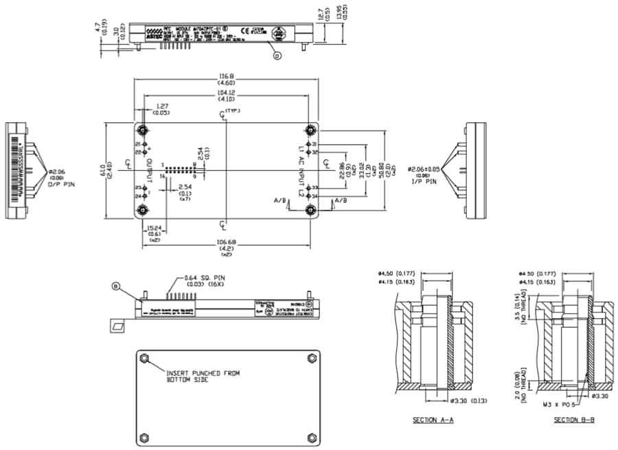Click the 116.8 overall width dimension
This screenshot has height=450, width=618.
coord(225,76)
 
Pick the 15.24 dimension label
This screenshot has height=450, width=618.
coord(156,228)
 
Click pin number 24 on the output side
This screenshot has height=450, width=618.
coord(137,196)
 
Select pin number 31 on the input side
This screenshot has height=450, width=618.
coord(314,144)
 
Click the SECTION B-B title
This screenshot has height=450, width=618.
coord(574,420)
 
